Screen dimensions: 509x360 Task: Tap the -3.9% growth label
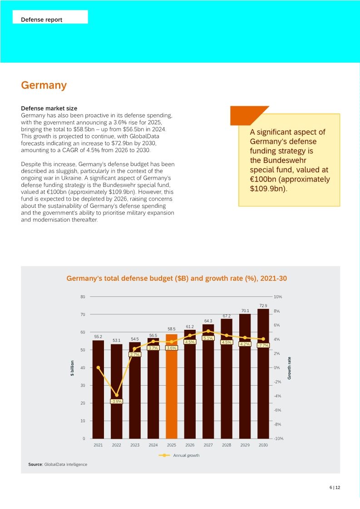(117, 401)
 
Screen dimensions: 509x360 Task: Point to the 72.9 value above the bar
(263, 305)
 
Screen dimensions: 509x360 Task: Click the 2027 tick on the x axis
(208, 445)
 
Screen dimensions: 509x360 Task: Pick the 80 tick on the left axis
(83, 297)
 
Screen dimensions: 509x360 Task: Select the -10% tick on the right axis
(278, 439)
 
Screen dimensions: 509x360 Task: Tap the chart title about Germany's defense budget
(177, 279)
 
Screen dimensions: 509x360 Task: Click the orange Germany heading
(44, 85)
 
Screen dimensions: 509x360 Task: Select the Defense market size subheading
(49, 108)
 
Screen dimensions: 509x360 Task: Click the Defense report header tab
(42, 20)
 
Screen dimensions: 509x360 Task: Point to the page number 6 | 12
(335, 488)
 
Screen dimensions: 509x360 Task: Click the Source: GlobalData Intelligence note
(58, 465)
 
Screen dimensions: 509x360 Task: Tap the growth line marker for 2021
(98, 367)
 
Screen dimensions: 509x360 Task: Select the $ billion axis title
(72, 367)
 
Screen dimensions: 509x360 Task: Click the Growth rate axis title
(290, 368)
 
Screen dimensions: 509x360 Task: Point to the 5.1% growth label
(208, 338)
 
